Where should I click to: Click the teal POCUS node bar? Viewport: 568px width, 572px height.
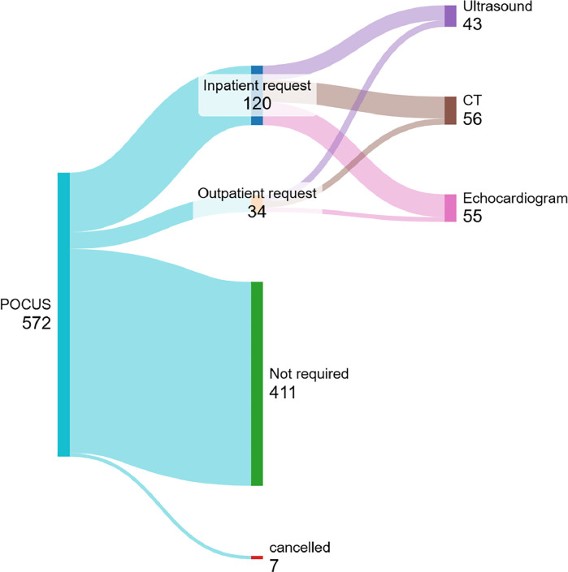click(x=63, y=314)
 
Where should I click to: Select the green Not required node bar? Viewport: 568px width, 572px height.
click(x=257, y=383)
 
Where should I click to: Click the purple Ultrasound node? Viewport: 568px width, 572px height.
click(x=450, y=16)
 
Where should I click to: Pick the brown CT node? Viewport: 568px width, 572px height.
click(x=450, y=110)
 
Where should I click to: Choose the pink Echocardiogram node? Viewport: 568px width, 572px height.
click(x=450, y=208)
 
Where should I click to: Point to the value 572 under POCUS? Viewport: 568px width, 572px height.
click(x=37, y=322)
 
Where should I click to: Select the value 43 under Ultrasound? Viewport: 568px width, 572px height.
click(x=472, y=24)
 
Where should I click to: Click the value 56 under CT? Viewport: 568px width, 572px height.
click(x=472, y=118)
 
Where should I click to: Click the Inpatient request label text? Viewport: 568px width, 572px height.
click(x=257, y=85)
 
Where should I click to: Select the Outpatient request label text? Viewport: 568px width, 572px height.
click(x=257, y=194)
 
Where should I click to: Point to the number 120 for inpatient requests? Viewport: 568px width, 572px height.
click(x=257, y=103)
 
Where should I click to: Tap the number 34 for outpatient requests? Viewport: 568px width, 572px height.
click(x=257, y=211)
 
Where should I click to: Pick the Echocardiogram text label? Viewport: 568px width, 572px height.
click(x=514, y=199)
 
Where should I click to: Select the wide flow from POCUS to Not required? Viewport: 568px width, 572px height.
click(x=163, y=365)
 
